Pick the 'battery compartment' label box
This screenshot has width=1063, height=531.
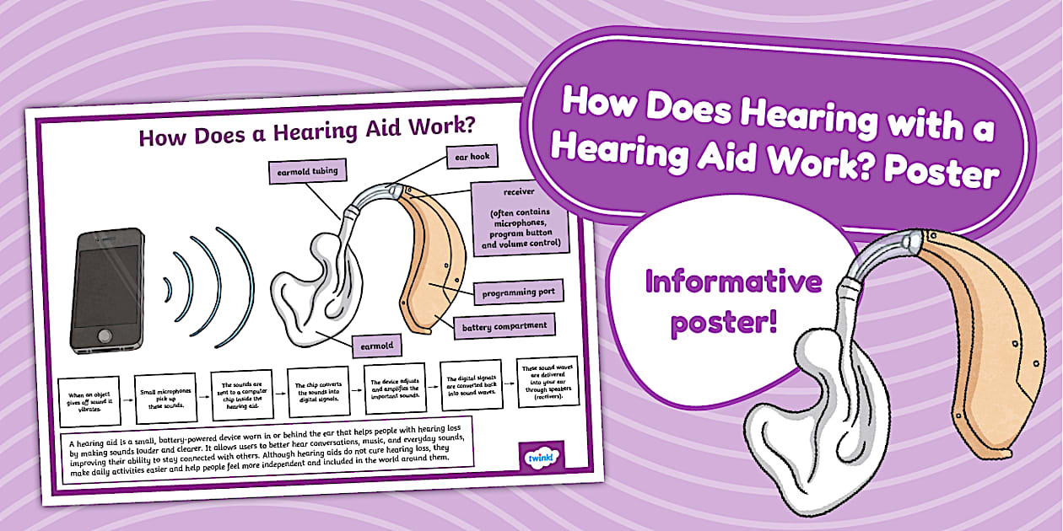[x=505, y=325]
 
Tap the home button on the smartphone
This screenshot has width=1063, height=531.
[x=105, y=337]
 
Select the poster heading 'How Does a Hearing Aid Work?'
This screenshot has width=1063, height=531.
[x=306, y=136]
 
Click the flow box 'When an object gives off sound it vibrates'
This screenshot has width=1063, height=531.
[x=89, y=401]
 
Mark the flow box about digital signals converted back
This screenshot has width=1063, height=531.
[x=470, y=384]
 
